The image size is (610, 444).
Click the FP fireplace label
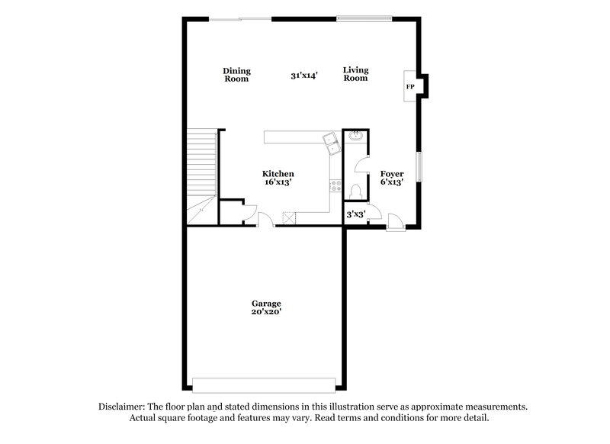410,87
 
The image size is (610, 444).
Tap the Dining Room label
236,75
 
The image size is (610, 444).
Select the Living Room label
355,75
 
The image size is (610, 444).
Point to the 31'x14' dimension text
303,76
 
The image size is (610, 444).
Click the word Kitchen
278,174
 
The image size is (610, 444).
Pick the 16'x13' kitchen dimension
278,183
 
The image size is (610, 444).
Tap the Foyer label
392,174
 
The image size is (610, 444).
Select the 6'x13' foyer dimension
392,183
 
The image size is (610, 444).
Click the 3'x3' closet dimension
356,215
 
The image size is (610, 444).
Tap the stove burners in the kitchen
334,185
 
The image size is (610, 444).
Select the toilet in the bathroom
355,191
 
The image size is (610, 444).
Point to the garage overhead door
263,384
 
